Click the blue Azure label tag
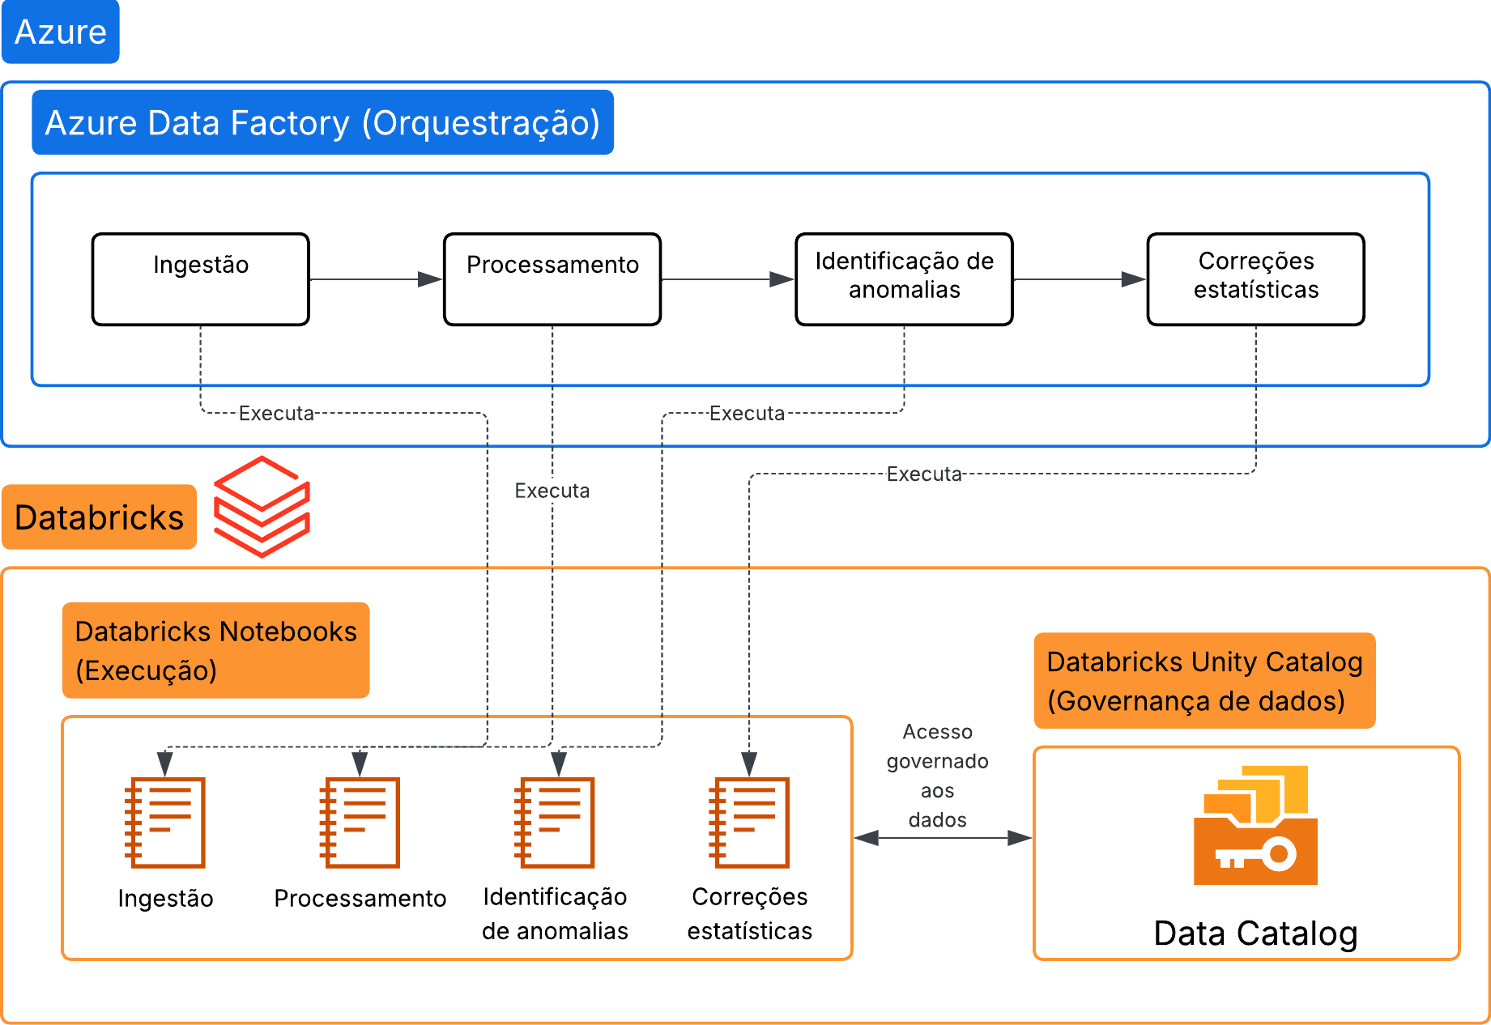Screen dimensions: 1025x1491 click(61, 32)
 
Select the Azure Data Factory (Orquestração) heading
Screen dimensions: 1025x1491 click(322, 122)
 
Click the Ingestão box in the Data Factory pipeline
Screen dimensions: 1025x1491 click(201, 279)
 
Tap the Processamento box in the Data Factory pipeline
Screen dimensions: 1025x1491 click(552, 279)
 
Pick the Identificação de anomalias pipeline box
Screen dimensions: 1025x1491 click(904, 279)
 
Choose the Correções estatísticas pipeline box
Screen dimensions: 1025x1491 click(1255, 279)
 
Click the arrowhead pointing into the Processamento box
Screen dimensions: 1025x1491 click(430, 279)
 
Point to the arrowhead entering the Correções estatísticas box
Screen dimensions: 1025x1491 click(1133, 279)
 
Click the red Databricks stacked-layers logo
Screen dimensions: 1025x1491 click(262, 507)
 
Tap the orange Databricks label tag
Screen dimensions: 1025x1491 click(99, 517)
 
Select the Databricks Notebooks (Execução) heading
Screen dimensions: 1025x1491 click(215, 650)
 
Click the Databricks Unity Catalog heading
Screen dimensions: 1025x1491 click(1204, 681)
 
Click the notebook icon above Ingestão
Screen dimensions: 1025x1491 click(164, 823)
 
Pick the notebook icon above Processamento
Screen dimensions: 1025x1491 click(360, 823)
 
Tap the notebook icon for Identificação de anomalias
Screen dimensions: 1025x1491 click(555, 823)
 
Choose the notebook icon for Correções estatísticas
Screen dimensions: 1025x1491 click(749, 823)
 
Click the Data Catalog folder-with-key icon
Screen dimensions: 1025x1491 click(1255, 826)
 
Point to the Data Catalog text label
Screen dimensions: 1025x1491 click(1255, 934)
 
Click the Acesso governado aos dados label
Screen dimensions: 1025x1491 click(937, 776)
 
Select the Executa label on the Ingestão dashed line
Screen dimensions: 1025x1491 click(276, 414)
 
